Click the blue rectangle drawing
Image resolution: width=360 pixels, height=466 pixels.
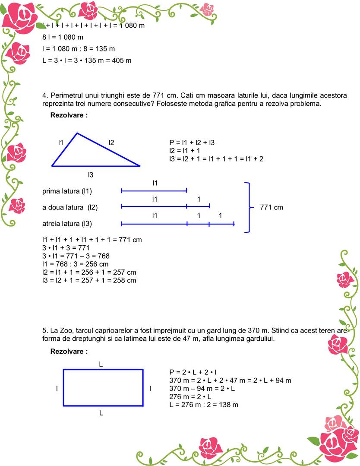(103, 387)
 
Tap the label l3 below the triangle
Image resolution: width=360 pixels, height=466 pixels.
(91, 174)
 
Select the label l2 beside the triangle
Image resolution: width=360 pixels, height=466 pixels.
(111, 142)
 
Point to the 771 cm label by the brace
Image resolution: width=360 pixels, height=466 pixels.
(272, 207)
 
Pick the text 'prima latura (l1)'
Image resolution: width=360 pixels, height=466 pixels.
(67, 191)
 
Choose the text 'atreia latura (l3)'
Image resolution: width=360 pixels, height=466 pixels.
(67, 223)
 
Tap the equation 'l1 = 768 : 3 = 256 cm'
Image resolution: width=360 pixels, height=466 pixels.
(75, 264)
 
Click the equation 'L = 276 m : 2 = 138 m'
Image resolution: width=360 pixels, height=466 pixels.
(204, 405)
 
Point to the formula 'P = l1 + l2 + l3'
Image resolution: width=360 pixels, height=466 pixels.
(192, 142)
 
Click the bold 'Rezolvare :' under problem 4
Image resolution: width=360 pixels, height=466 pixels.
(69, 115)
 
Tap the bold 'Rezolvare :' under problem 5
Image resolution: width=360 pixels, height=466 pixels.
(69, 352)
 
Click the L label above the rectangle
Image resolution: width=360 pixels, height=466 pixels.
(101, 364)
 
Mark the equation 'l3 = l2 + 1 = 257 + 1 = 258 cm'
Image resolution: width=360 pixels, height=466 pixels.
(89, 280)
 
